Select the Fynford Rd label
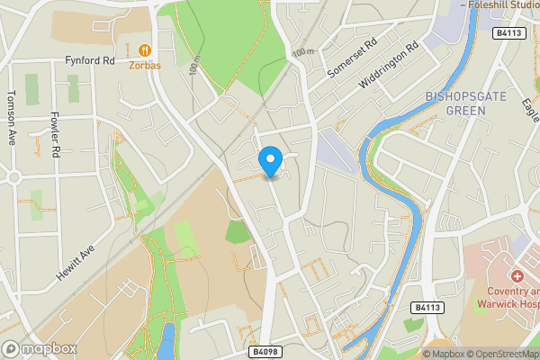[x=91, y=61]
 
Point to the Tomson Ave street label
[x=12, y=117]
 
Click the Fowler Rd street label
[x=55, y=134]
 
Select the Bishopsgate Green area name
[x=454, y=103]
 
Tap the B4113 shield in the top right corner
[x=508, y=33]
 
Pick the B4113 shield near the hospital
[x=428, y=308]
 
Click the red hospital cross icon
[x=518, y=275]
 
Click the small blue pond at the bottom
[x=167, y=342]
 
